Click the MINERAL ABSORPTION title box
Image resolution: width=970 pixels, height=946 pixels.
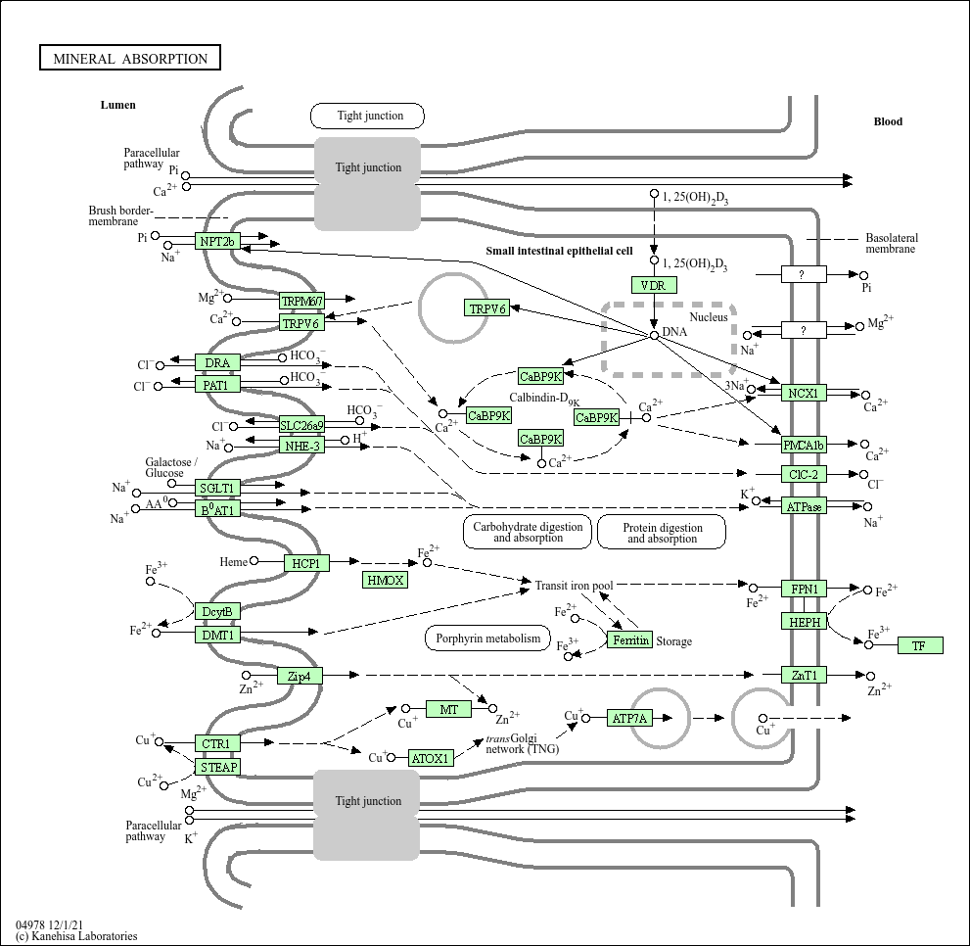click(130, 59)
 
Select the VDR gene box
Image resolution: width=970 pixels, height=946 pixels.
click(653, 285)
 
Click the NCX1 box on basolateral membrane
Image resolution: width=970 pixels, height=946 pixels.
click(804, 393)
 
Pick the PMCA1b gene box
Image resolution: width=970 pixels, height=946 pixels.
click(804, 446)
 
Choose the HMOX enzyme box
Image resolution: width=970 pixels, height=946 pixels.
click(385, 580)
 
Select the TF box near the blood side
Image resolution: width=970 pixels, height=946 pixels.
click(919, 645)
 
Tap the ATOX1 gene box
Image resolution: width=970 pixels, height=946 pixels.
click(430, 758)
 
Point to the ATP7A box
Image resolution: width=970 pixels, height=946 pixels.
click(629, 718)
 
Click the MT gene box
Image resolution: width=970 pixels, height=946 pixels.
click(448, 709)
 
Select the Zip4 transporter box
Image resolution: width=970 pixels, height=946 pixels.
click(300, 676)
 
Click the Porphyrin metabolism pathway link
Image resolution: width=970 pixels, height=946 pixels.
click(487, 639)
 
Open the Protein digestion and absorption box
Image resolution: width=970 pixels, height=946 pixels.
click(662, 532)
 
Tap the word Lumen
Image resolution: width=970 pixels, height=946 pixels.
click(117, 105)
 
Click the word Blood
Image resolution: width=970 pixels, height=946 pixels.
click(888, 121)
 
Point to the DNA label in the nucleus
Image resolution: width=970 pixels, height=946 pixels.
click(674, 332)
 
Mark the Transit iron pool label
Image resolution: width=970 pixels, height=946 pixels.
click(574, 586)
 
